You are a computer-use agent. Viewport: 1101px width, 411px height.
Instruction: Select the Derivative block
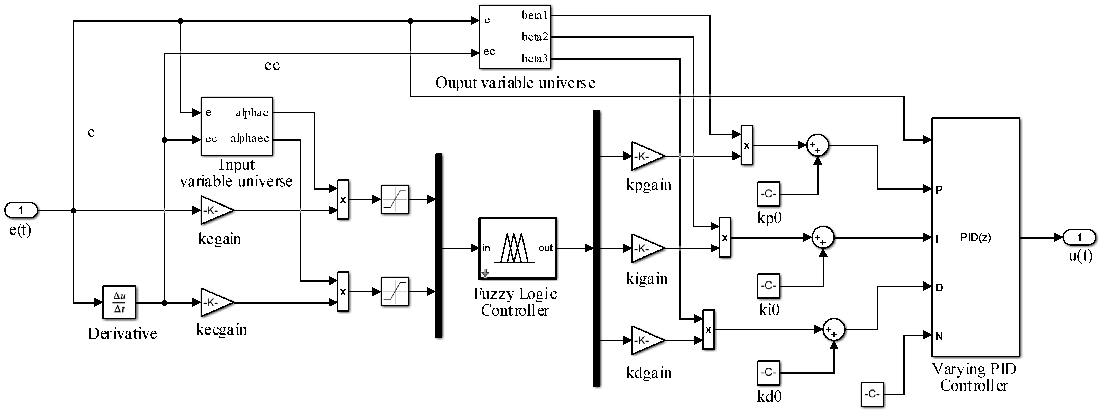119,302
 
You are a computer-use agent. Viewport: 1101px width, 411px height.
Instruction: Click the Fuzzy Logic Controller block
517,248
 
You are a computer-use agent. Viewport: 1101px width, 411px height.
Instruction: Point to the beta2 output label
534,37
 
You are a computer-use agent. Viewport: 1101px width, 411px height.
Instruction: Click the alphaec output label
250,139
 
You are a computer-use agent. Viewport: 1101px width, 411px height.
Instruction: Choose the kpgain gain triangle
646,156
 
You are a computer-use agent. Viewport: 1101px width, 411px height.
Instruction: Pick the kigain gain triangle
646,248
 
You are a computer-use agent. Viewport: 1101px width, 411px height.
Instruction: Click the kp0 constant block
768,194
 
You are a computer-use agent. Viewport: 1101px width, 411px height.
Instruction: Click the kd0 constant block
768,373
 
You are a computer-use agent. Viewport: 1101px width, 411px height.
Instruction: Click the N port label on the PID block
939,336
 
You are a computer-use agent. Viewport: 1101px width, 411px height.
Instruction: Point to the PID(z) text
975,237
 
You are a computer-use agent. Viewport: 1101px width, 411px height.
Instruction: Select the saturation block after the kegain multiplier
395,199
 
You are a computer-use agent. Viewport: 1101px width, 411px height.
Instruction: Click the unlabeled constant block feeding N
872,394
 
